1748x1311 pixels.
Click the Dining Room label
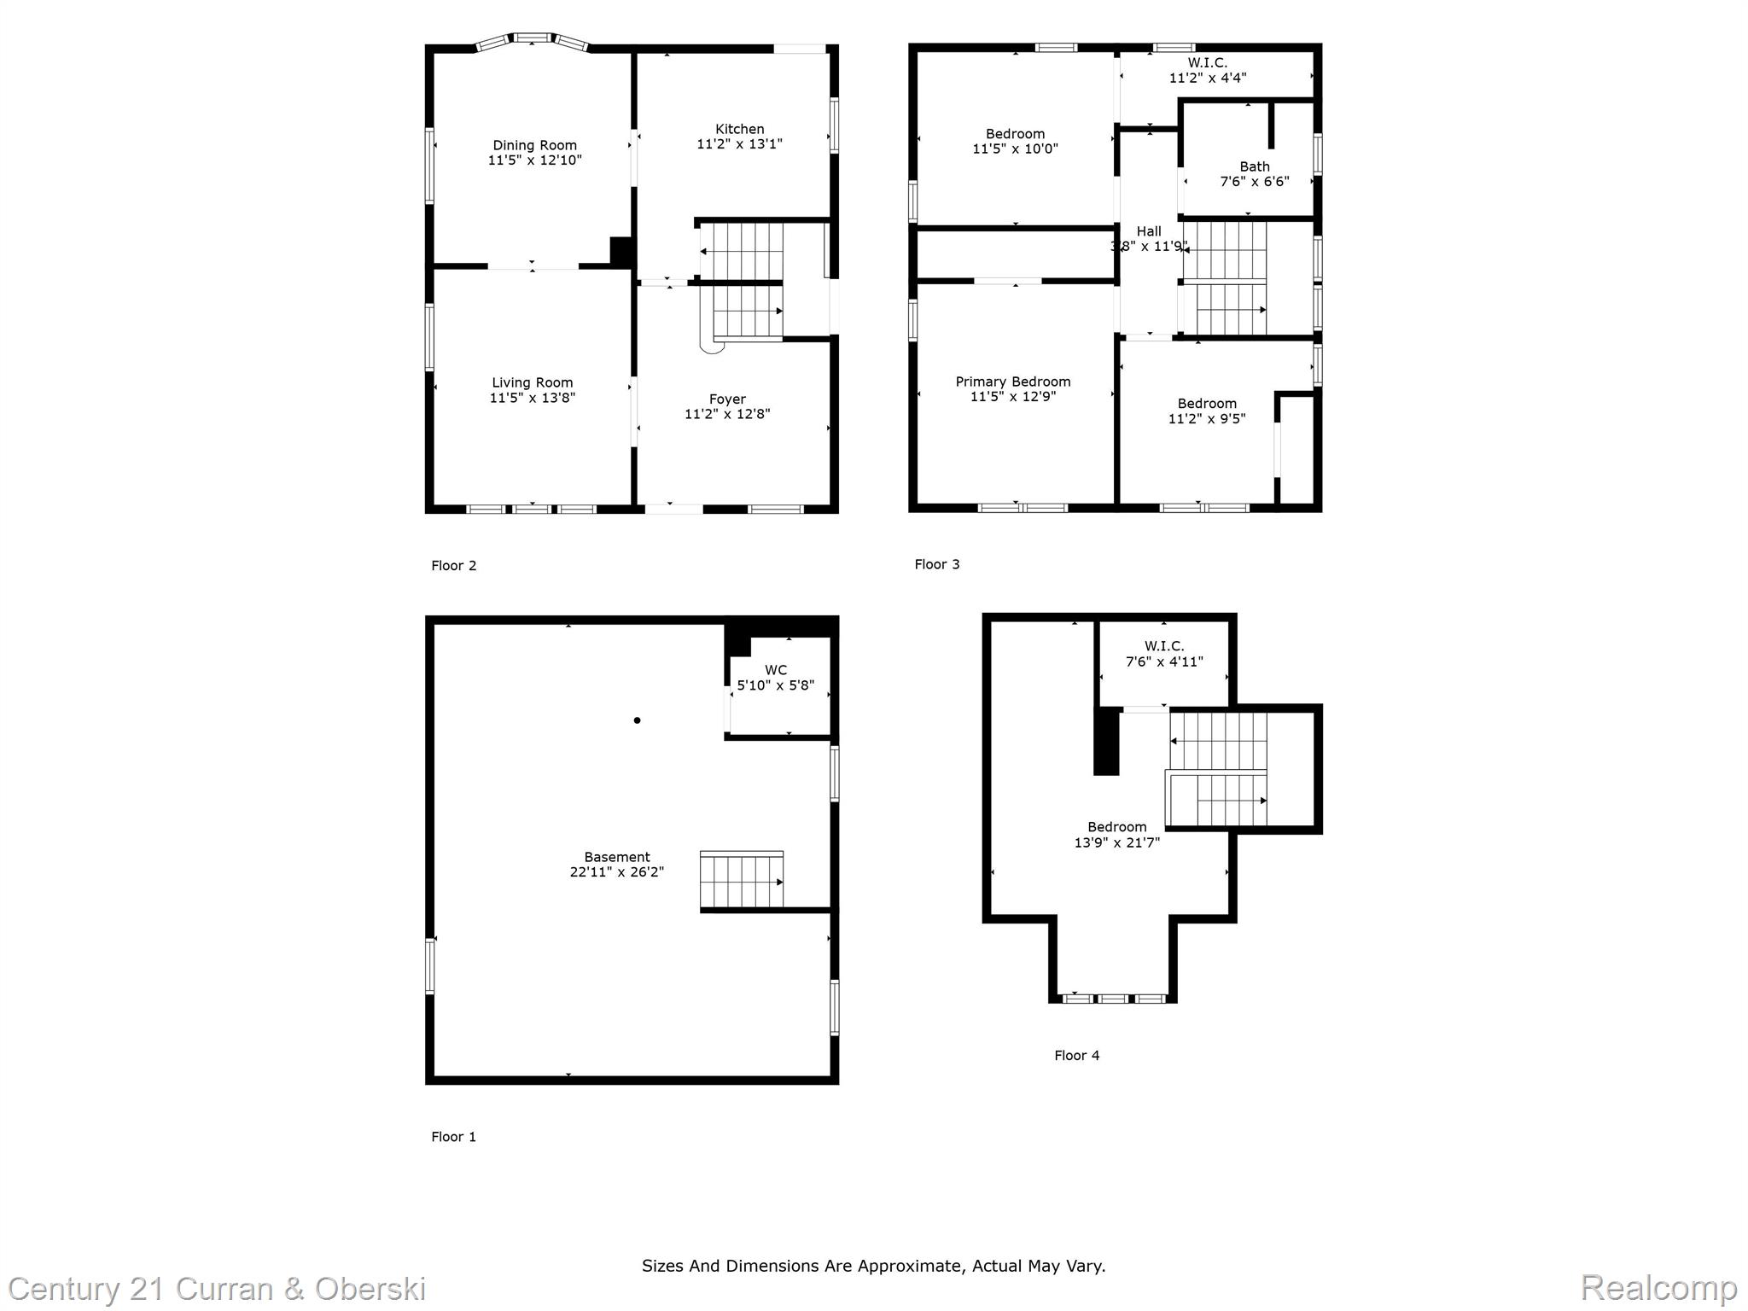[x=534, y=145]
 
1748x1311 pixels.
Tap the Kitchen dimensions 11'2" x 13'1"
[x=739, y=144]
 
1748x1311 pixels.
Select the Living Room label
[x=532, y=383]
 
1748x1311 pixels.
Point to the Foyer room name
[x=727, y=399]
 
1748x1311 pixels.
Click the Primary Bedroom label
[x=1013, y=382]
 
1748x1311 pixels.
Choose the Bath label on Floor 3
[x=1255, y=166]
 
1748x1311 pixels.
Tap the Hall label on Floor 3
[x=1149, y=231]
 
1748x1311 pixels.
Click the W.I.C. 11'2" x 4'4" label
[x=1208, y=70]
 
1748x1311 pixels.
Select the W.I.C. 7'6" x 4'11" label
[x=1165, y=654]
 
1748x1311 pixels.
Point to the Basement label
[x=617, y=857]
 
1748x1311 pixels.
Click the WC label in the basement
[x=776, y=670]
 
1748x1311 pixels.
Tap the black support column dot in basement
[x=637, y=720]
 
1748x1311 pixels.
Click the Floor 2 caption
[x=454, y=565]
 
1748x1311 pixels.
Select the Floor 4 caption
[x=1077, y=1055]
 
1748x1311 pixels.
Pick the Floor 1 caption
[x=454, y=1137]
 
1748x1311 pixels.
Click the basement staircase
[x=742, y=880]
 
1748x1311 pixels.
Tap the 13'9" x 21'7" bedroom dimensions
[x=1117, y=842]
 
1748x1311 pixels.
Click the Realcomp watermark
[x=1658, y=1287]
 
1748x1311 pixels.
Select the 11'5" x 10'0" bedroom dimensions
[x=1015, y=149]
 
